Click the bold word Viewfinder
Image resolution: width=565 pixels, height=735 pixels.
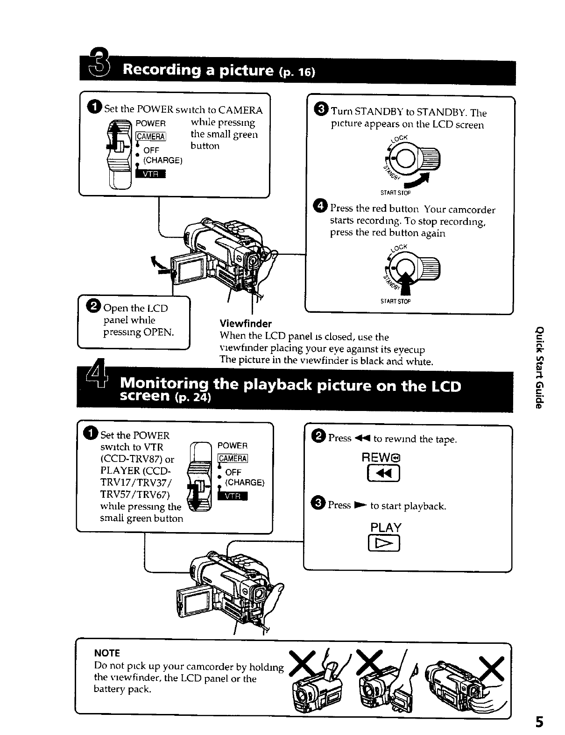click(246, 324)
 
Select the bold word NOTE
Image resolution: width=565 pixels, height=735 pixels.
click(107, 653)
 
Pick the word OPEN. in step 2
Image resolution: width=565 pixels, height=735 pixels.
click(159, 332)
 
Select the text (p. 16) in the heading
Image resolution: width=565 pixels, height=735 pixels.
click(297, 72)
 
